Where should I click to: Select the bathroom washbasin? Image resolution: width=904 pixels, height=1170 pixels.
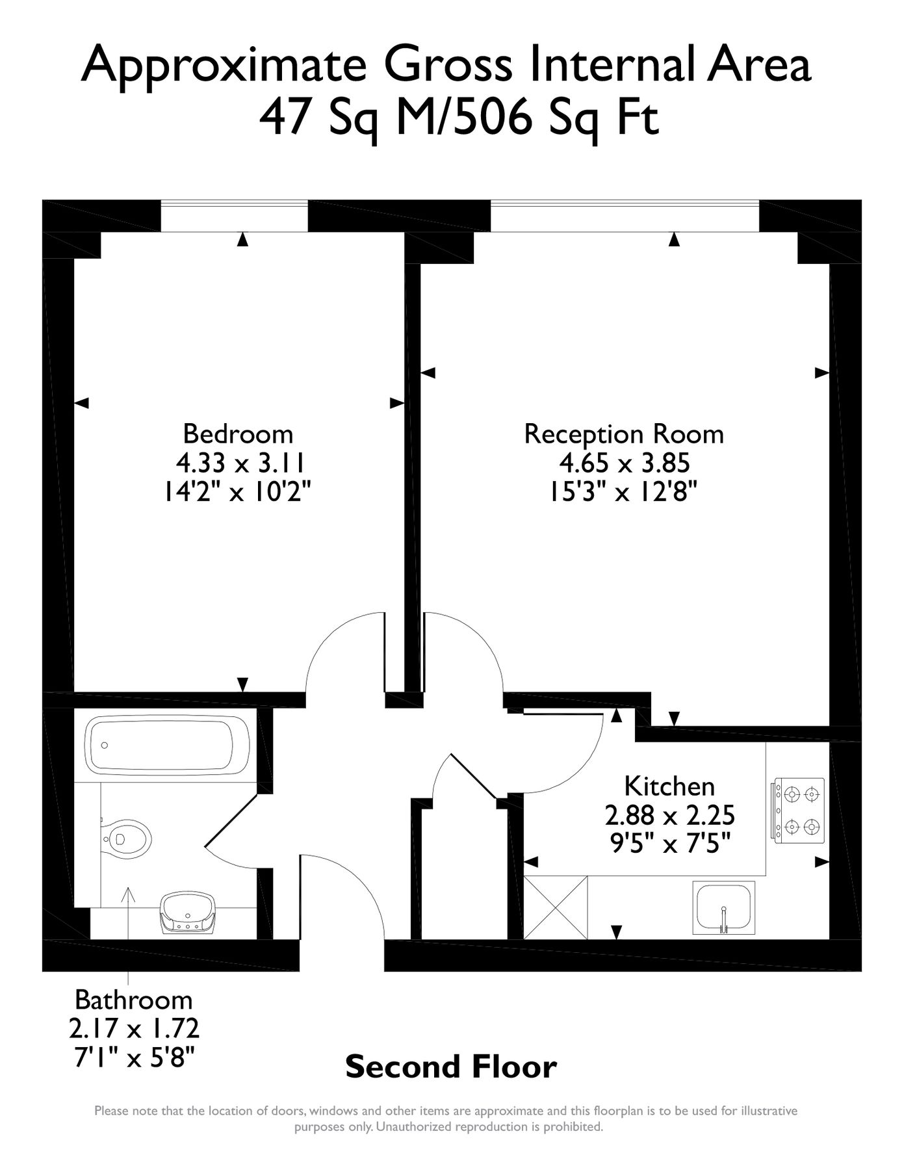coord(188,914)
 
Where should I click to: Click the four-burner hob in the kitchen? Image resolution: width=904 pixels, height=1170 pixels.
coord(799,811)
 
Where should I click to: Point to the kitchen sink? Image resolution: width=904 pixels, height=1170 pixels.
coord(724,908)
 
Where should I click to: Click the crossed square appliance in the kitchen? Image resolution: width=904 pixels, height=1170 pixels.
coord(556,907)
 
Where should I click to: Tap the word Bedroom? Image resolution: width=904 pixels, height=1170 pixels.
coord(238,434)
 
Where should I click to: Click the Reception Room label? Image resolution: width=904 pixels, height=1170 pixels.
coord(624,434)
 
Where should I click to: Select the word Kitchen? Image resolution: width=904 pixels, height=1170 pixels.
coord(669,786)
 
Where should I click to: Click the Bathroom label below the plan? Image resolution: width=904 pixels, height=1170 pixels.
coord(133,999)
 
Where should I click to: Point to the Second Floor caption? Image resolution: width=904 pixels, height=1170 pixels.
coord(451,1067)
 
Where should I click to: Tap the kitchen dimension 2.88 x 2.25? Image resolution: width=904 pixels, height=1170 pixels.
coord(669,814)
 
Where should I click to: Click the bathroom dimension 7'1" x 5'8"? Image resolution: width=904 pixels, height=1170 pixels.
coord(135,1058)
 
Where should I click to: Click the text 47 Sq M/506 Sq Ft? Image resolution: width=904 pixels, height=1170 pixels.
coord(459,118)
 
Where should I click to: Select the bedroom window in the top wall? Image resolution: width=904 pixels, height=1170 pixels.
coord(234,216)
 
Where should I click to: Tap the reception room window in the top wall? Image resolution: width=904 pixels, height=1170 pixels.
coord(625,216)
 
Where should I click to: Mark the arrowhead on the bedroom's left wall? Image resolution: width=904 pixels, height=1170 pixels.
coord(81,404)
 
